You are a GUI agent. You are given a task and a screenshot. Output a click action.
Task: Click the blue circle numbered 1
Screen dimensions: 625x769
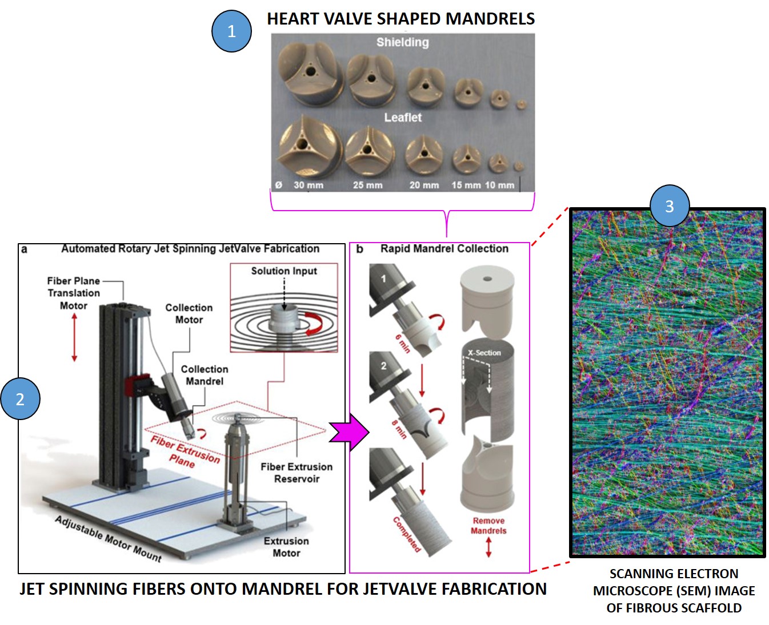231,31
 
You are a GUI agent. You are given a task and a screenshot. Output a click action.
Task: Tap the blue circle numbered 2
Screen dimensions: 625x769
20,399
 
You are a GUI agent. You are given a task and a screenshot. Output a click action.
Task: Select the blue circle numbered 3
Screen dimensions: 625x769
670,205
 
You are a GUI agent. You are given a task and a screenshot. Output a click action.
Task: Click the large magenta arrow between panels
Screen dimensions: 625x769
349,433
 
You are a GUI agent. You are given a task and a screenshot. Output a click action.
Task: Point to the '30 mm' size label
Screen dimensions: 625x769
308,185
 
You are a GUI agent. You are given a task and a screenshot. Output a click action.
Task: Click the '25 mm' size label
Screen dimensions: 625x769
367,185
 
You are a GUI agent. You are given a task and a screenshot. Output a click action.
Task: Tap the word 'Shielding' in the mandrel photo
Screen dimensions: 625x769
402,42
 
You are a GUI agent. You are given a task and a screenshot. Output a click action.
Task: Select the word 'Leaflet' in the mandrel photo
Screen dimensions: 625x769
402,118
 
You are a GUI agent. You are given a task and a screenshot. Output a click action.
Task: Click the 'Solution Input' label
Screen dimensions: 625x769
284,271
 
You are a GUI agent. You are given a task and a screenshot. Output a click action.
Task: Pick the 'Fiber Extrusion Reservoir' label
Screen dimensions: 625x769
297,473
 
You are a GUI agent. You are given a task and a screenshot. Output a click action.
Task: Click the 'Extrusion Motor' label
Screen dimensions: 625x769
286,547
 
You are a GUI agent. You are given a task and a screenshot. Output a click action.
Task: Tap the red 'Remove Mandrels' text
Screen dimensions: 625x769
488,526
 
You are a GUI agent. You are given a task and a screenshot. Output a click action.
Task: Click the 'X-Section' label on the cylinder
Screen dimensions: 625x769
484,353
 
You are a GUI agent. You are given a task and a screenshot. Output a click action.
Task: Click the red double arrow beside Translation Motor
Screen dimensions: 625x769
74,337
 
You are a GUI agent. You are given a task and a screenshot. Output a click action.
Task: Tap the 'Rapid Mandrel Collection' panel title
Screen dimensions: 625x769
444,249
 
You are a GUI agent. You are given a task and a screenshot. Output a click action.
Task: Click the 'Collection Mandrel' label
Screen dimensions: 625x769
204,375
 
